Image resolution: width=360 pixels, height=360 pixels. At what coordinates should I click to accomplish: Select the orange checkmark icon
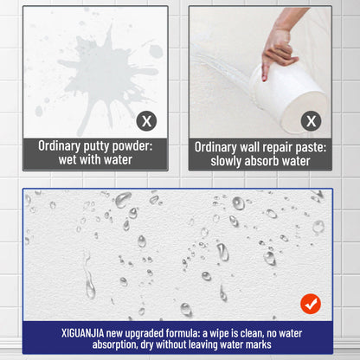coord(310,303)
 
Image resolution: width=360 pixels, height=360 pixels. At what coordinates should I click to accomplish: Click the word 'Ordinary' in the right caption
coord(220,147)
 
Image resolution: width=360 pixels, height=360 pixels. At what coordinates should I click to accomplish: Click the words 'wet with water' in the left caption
coord(95,160)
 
